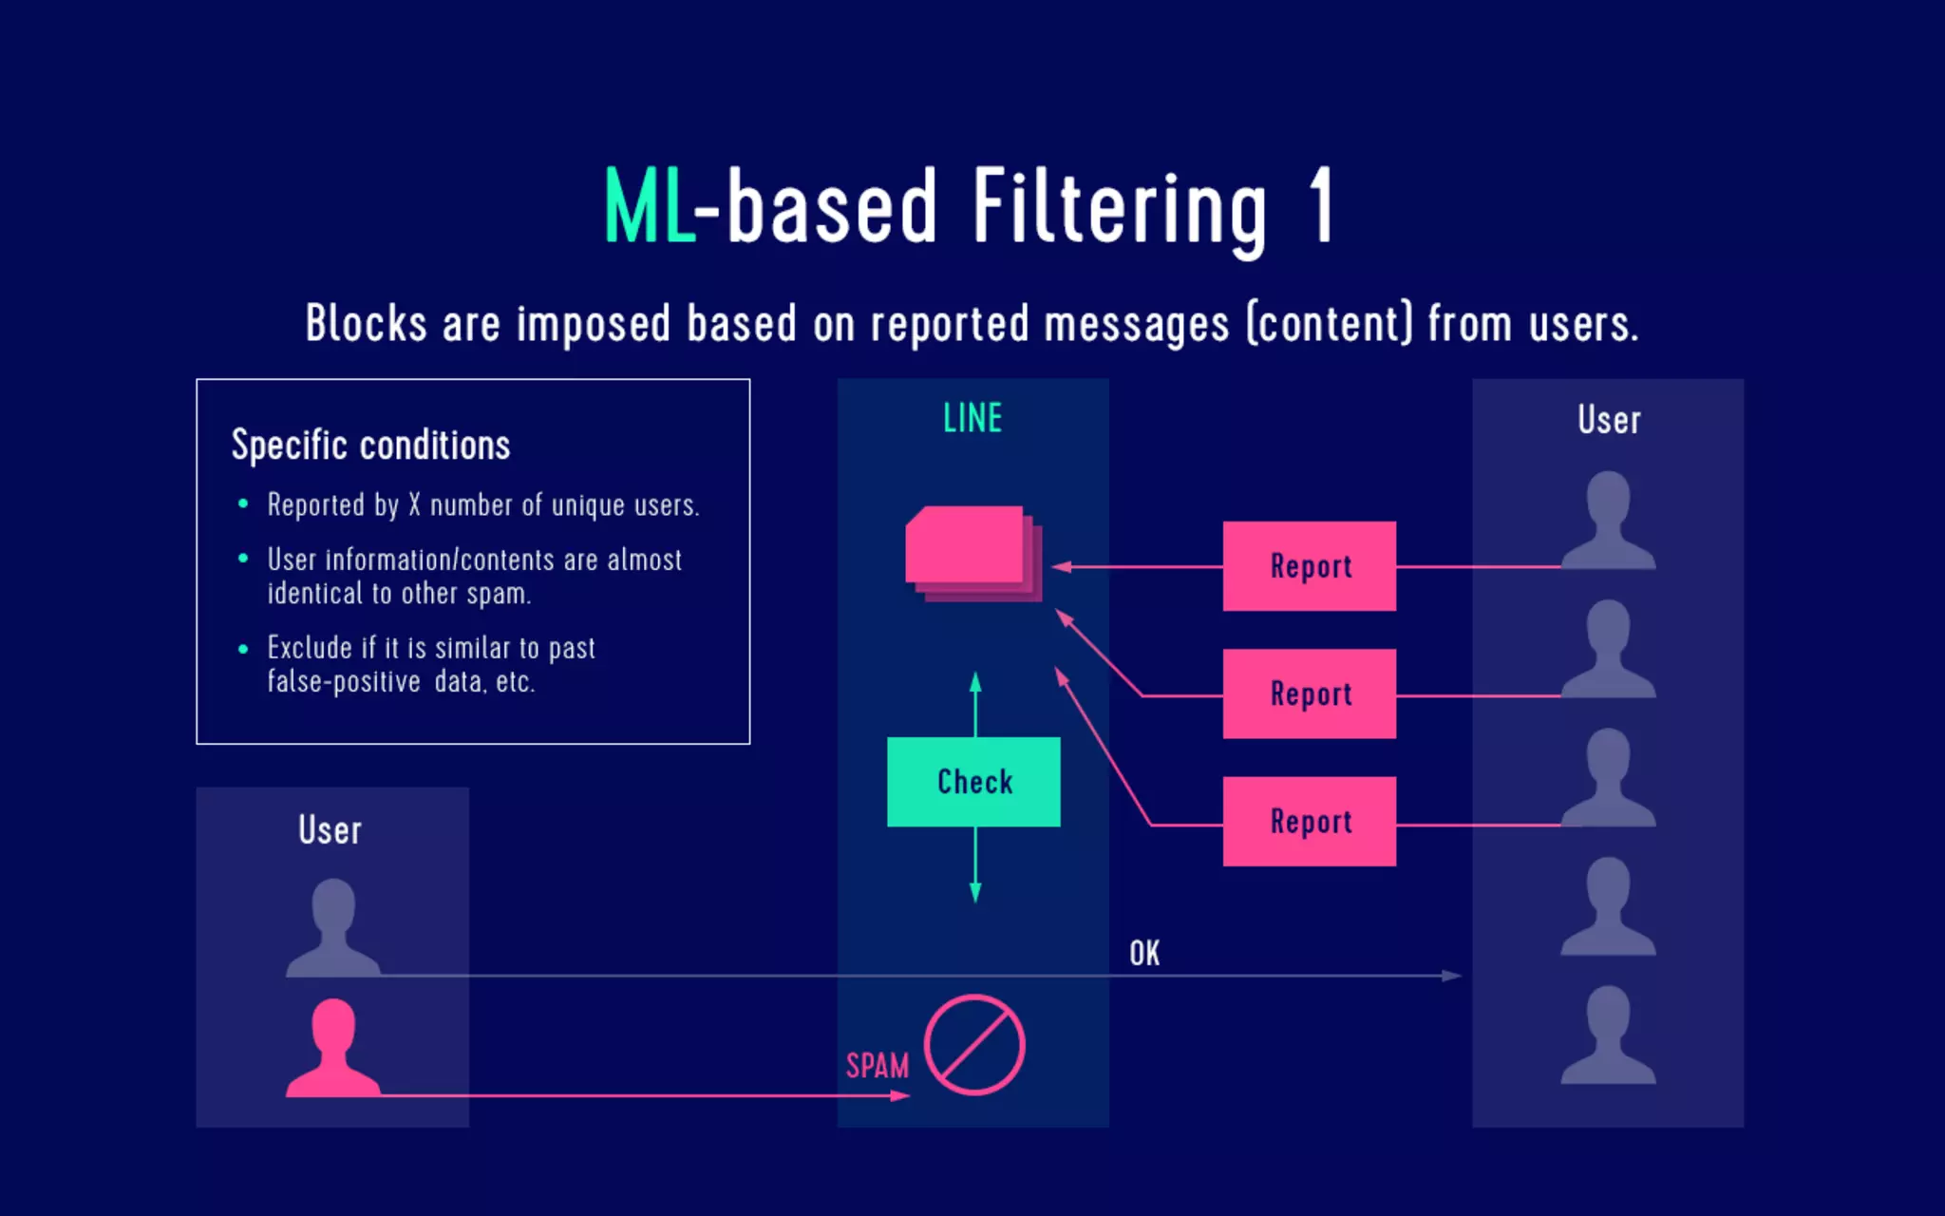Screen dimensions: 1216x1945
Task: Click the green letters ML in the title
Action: click(650, 206)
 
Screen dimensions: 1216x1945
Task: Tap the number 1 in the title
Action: click(1321, 205)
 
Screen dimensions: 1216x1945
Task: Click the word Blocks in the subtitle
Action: click(366, 323)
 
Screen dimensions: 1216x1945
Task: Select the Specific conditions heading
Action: click(370, 445)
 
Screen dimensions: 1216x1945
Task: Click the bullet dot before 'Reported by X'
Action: click(243, 503)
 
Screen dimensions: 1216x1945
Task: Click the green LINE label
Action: click(972, 418)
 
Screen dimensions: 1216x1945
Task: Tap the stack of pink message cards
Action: click(971, 552)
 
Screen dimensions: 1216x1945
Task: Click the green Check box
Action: click(973, 781)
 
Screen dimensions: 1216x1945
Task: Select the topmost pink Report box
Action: click(1309, 566)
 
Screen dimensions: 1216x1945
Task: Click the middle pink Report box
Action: click(1309, 693)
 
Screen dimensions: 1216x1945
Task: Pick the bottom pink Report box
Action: click(1309, 821)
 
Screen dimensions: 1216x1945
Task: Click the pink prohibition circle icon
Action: click(974, 1045)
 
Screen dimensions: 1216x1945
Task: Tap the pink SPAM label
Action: click(877, 1066)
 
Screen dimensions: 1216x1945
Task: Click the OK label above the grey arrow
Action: click(1144, 953)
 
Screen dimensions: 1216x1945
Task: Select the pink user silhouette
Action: click(333, 1049)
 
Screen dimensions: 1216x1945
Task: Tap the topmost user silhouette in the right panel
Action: click(1608, 521)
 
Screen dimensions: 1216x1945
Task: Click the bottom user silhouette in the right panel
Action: click(1608, 1035)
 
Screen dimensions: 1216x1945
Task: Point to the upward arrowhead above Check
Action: click(974, 682)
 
